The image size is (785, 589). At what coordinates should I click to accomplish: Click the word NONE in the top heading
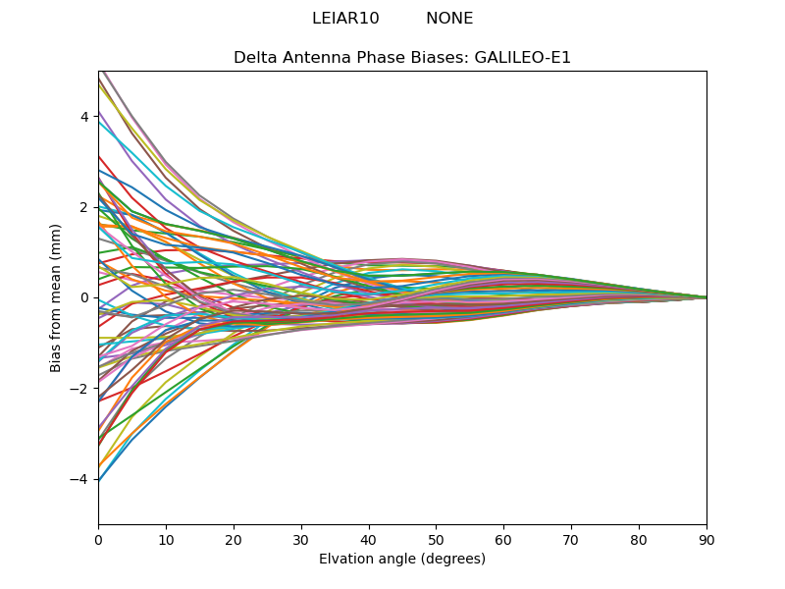point(449,19)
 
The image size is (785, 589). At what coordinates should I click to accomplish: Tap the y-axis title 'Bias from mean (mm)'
point(57,296)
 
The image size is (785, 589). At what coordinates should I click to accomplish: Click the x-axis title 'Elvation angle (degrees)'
point(402,560)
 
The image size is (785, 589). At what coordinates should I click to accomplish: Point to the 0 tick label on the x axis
point(98,539)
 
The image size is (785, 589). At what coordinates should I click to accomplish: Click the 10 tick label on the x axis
point(166,539)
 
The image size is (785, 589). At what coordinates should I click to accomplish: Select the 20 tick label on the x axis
point(234,539)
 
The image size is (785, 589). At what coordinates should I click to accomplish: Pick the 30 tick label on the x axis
point(301,539)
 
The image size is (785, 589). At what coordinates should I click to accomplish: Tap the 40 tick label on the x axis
point(369,539)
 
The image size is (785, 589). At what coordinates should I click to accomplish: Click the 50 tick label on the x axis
point(436,539)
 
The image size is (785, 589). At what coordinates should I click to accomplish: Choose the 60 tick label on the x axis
point(503,539)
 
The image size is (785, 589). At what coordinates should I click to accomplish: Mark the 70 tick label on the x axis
point(571,539)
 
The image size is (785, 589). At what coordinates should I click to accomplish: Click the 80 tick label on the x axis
point(639,539)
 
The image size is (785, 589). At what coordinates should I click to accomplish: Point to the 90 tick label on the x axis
point(706,539)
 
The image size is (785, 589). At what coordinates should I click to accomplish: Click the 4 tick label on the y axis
point(84,117)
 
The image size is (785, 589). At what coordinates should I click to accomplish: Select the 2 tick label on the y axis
point(84,207)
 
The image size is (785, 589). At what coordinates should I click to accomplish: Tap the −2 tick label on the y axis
point(80,389)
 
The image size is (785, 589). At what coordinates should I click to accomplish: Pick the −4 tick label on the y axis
point(80,479)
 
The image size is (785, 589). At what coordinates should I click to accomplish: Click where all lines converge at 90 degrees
point(706,297)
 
